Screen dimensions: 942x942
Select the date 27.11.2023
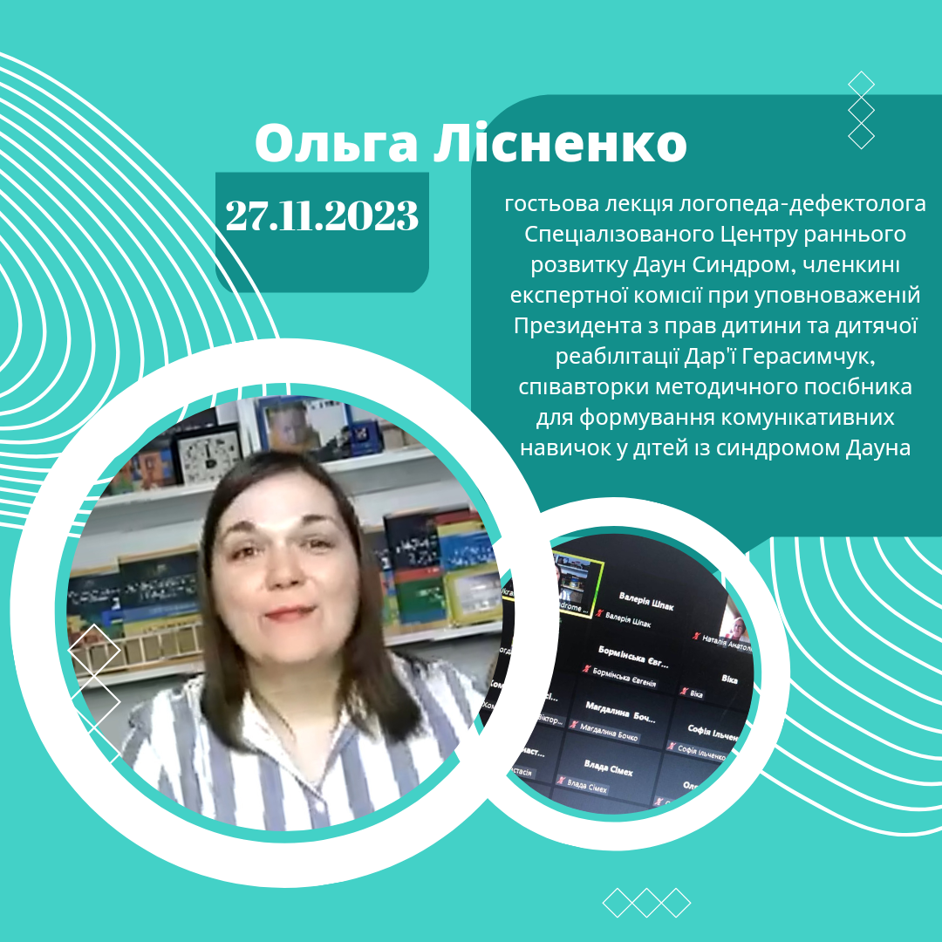tap(322, 215)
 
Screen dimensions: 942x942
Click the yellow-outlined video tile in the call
tap(574, 584)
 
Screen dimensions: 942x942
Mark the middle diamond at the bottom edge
tap(646, 903)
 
